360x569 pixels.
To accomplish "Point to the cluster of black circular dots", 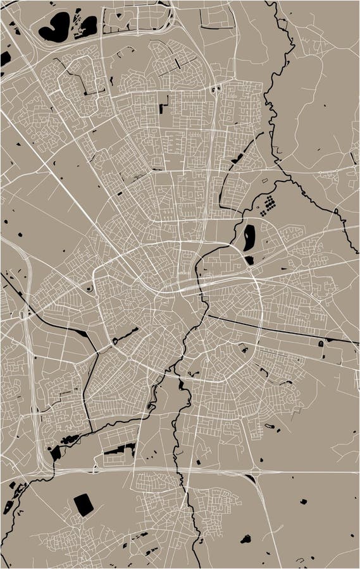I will tap(271, 203).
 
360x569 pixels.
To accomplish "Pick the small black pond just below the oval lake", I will tap(249, 260).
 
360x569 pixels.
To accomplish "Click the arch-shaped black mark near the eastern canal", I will tap(321, 343).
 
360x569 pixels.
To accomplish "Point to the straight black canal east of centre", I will tap(278, 329).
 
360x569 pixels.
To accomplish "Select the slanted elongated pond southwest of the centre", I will tap(127, 335).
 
